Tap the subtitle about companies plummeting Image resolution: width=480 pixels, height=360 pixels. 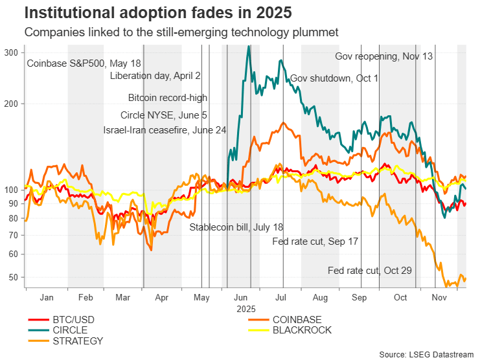click(182, 32)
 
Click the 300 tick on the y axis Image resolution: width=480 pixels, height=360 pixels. click(14, 52)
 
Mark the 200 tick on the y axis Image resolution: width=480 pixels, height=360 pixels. click(14, 104)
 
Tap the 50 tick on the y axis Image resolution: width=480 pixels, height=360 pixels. click(16, 278)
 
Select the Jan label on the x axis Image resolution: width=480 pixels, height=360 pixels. click(46, 298)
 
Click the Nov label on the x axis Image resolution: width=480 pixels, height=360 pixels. click(440, 298)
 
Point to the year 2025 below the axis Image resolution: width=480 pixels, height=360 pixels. click(246, 308)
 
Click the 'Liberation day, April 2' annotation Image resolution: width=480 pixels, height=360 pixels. click(155, 76)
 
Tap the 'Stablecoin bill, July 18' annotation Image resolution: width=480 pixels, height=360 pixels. click(236, 227)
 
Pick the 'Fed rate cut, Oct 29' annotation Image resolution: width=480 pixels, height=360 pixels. click(369, 270)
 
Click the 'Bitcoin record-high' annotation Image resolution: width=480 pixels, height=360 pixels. click(168, 98)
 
